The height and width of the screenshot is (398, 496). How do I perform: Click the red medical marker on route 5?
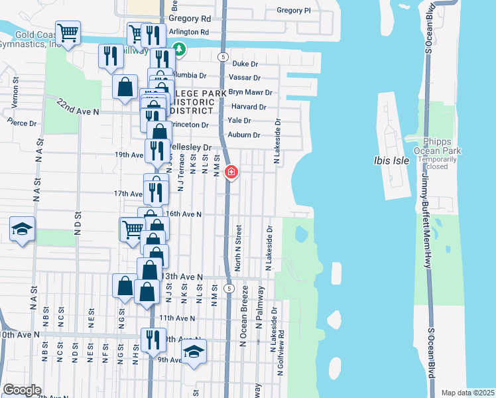click(x=231, y=172)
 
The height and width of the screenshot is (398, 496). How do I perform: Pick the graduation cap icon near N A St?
click(x=22, y=230)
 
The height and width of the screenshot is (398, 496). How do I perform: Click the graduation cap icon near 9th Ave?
click(x=194, y=351)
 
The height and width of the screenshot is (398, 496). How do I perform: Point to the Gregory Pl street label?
click(x=292, y=11)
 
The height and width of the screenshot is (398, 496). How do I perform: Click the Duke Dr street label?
click(x=245, y=64)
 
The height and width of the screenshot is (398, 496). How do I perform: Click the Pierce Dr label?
click(x=22, y=123)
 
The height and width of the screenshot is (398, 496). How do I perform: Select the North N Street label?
click(x=238, y=247)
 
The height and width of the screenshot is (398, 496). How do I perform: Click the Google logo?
click(x=22, y=390)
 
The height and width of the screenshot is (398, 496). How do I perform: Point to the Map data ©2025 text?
click(x=468, y=393)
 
